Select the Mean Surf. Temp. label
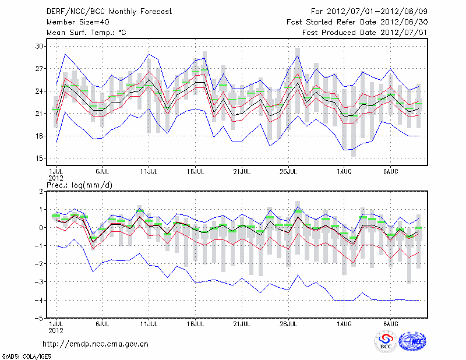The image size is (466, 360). [86, 33]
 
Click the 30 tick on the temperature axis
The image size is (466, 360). [40, 46]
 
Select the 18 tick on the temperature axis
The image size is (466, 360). [40, 136]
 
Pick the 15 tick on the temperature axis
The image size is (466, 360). [40, 158]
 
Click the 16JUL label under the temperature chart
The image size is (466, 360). [195, 172]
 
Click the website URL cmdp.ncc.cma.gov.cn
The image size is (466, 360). [96, 344]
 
